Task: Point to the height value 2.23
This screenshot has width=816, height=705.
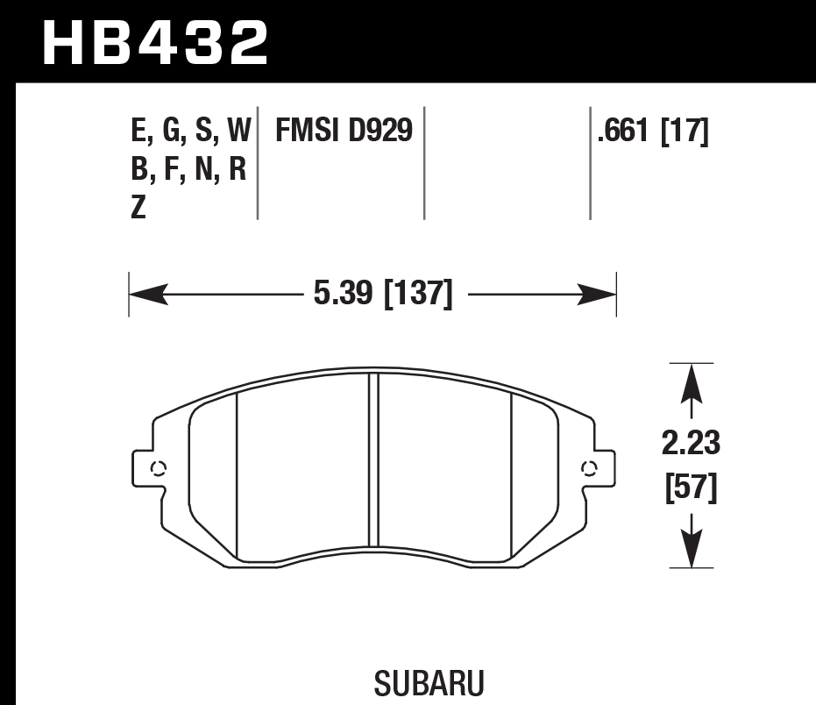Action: point(691,445)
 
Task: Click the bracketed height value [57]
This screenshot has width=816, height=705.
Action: point(691,488)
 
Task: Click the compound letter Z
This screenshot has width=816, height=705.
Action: point(138,210)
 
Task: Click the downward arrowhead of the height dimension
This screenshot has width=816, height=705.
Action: point(692,552)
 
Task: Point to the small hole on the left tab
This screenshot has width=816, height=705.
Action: point(159,467)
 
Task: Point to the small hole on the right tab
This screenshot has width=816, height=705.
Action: point(588,467)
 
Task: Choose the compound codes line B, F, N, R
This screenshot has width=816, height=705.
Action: point(188,170)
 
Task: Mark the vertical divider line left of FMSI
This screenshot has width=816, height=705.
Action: point(258,164)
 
